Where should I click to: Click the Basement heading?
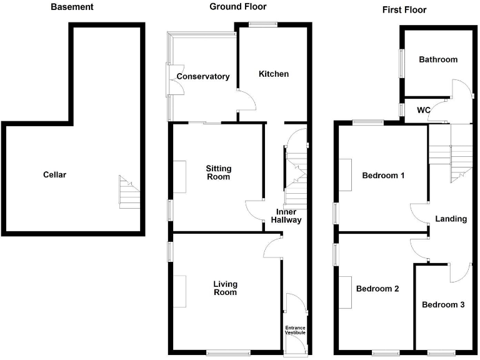pos(72,7)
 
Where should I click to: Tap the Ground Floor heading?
pos(237,7)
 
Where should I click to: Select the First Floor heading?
pos(404,10)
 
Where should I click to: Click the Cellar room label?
pos(54,174)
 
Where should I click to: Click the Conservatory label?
pos(202,77)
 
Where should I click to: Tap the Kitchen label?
pos(274,74)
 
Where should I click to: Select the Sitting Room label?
pos(219,172)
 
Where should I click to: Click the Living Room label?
pos(225,287)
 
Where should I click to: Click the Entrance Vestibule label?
pos(295,330)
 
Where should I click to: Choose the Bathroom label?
pos(437,60)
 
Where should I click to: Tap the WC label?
pos(423,110)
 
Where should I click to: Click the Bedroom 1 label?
pos(383,176)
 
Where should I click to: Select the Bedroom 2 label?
pos(377,289)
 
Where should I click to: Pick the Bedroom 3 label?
pos(442,305)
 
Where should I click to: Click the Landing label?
pos(451,219)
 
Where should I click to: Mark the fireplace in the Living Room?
pos(180,291)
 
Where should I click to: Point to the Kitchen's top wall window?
pos(263,24)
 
